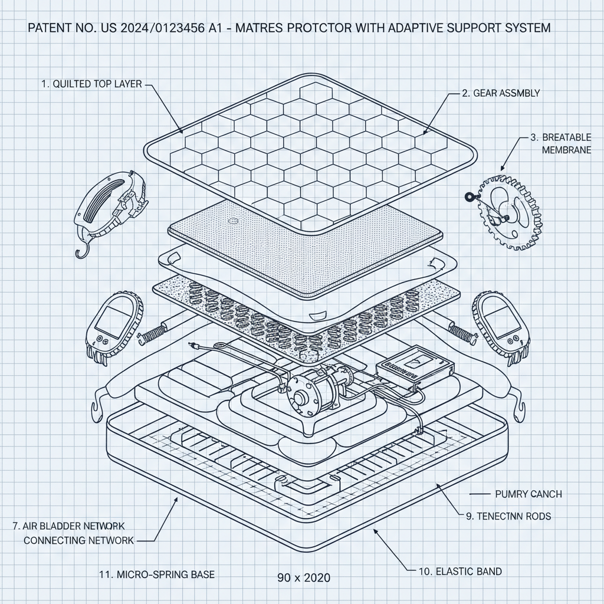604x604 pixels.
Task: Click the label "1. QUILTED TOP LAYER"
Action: [91, 84]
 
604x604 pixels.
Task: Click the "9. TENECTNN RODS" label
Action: [508, 516]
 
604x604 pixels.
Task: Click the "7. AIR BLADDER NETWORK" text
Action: [68, 526]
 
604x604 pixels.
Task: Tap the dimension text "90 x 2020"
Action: [304, 577]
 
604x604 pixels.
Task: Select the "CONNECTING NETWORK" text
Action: [79, 540]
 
